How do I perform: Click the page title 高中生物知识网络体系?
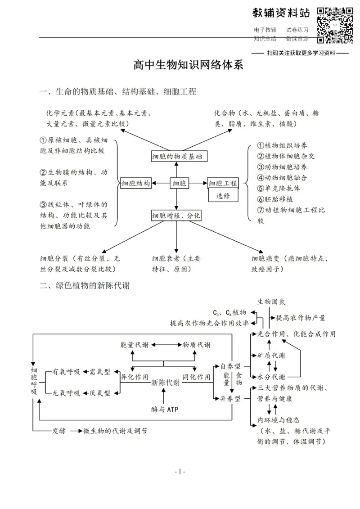point(188,65)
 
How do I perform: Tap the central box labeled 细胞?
point(180,183)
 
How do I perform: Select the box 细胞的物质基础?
point(177,156)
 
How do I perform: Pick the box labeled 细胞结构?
point(135,183)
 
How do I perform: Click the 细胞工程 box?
point(222,183)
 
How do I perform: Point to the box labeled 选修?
point(222,196)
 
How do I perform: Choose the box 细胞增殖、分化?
point(176,216)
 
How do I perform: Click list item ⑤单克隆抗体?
point(279,188)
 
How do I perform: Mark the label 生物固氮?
point(271,301)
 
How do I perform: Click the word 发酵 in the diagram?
point(58,431)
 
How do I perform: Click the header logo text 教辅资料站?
point(281,14)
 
